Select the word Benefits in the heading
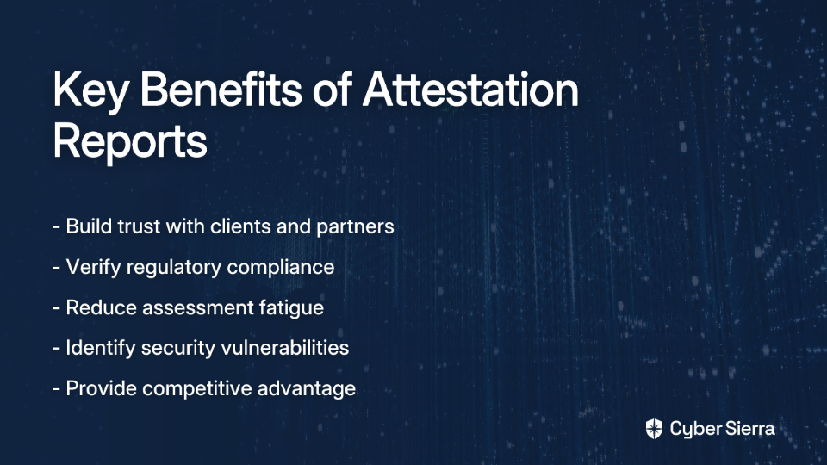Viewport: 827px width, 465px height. pos(221,89)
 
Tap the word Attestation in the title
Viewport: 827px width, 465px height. pos(470,90)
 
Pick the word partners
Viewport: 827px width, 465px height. pos(355,227)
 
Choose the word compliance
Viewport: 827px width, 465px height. pos(281,268)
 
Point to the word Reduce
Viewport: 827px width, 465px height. pos(102,307)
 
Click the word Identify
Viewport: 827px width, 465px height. pos(101,349)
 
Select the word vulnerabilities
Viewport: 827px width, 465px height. pos(285,348)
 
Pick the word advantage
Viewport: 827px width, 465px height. pos(307,389)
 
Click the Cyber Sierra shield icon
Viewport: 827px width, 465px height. pos(654,429)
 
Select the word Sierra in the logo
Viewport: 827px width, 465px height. pos(748,429)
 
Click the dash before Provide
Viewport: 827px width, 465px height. pos(57,389)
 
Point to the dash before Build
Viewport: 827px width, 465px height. pos(57,227)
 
